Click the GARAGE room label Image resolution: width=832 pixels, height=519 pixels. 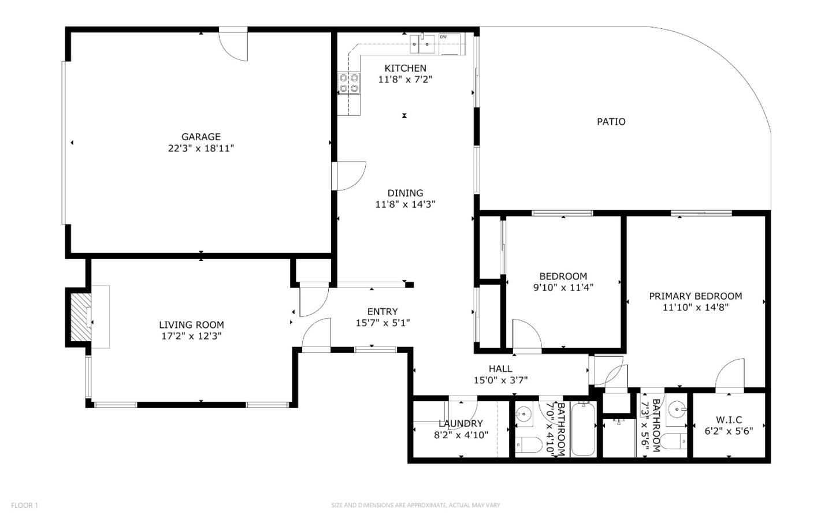(x=201, y=137)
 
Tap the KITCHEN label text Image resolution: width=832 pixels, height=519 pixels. (x=405, y=68)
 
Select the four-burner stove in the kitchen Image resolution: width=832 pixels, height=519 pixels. (x=349, y=83)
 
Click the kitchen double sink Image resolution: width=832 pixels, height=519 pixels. (x=422, y=44)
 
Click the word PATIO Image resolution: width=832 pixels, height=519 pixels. (x=611, y=122)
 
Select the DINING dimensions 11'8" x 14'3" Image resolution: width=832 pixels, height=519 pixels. (x=405, y=204)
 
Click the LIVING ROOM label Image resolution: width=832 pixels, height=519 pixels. (x=191, y=325)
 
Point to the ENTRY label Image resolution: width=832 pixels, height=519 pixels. (x=382, y=312)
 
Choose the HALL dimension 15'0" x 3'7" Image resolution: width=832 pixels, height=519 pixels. (x=500, y=380)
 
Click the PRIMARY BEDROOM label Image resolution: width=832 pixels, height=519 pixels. (x=695, y=296)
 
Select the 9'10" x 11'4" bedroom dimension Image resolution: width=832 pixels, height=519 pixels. (x=563, y=287)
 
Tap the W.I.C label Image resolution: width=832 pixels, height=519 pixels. (x=729, y=420)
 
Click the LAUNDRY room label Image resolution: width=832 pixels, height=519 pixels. (x=460, y=424)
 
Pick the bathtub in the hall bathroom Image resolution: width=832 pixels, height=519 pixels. (x=583, y=429)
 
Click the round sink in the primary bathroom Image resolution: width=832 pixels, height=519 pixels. (x=676, y=410)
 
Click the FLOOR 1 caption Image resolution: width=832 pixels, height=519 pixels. (x=24, y=506)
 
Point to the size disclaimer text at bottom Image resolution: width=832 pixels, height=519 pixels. (x=415, y=505)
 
